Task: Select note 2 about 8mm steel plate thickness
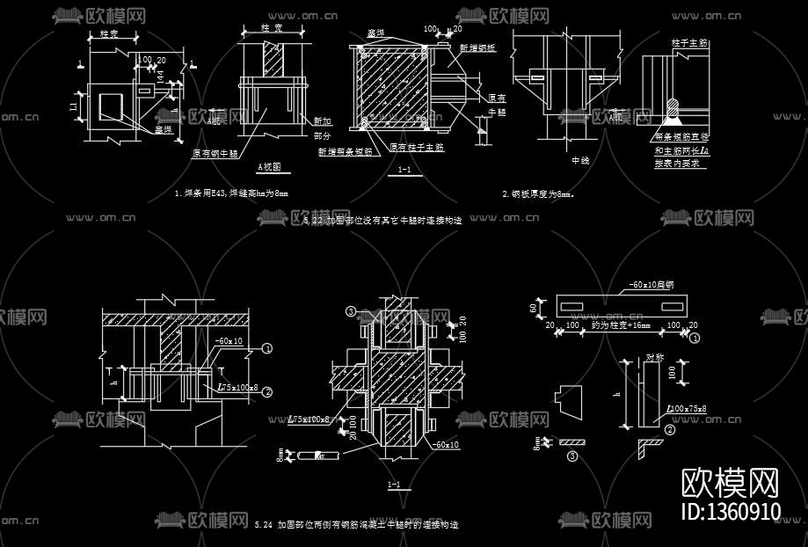pyautogui.click(x=537, y=193)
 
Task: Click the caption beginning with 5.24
pyautogui.click(x=356, y=525)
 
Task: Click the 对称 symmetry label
pyautogui.click(x=655, y=358)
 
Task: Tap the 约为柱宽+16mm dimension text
pyautogui.click(x=620, y=325)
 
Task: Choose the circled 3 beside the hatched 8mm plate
pyautogui.click(x=572, y=456)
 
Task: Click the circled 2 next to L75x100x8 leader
pyautogui.click(x=267, y=392)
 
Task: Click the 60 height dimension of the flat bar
pyautogui.click(x=532, y=307)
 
